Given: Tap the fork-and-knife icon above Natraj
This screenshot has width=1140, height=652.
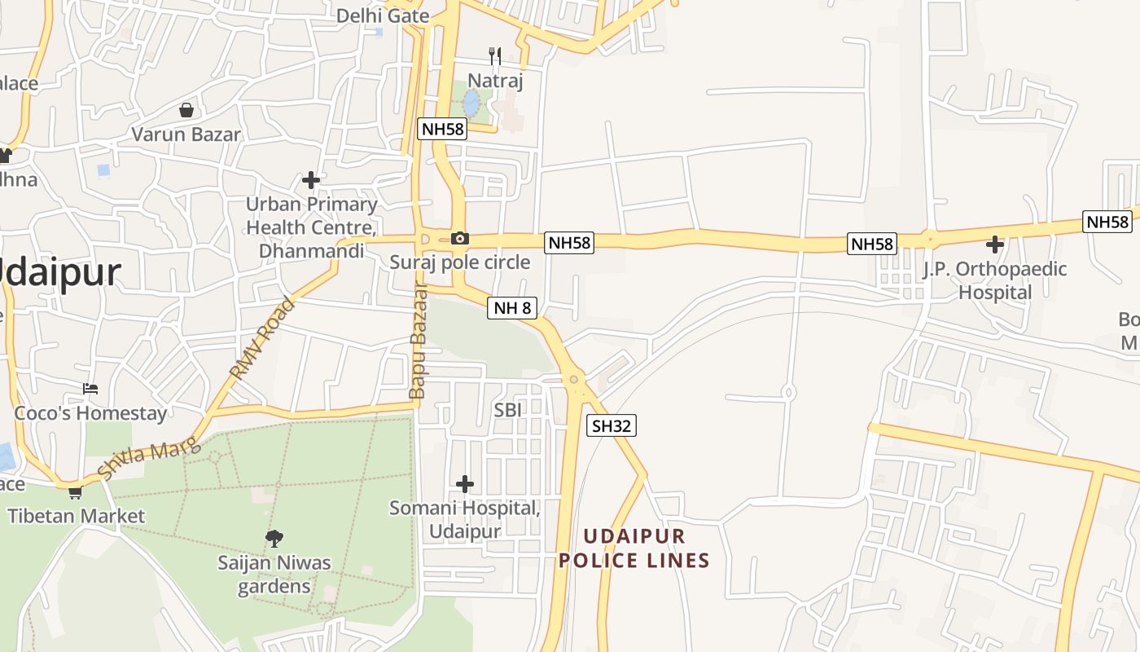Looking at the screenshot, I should click(494, 55).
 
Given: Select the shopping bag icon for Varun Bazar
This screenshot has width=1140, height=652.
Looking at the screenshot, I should click(186, 110).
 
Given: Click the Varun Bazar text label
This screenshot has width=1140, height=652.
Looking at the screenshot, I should click(186, 134).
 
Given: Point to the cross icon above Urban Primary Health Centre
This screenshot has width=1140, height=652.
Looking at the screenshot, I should click(310, 180).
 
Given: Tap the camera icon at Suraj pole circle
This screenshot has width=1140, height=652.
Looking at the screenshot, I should click(460, 238).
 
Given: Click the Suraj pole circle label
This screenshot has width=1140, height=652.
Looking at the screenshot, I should click(460, 262).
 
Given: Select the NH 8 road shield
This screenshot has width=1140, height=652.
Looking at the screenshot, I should click(512, 308).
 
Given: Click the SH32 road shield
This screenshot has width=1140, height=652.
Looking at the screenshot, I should click(612, 425).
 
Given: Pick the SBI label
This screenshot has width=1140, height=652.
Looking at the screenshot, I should click(507, 410).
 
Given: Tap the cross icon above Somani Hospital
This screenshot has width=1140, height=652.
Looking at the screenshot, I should click(465, 484).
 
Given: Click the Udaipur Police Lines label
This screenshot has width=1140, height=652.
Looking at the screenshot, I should click(634, 548).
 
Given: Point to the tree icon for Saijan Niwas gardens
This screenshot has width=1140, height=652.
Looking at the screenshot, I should click(274, 538).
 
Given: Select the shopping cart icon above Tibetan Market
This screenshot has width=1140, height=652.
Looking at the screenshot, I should click(75, 492).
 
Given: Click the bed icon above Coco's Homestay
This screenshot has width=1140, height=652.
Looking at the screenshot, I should click(90, 389).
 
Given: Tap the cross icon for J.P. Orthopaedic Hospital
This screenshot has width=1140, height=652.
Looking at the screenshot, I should click(994, 244).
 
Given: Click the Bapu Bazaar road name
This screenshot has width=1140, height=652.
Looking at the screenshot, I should click(418, 341).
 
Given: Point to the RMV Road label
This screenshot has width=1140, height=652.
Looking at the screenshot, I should click(262, 339).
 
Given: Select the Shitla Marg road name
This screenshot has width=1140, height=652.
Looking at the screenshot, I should click(148, 458).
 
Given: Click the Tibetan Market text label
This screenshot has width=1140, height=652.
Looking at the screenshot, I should click(76, 516).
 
